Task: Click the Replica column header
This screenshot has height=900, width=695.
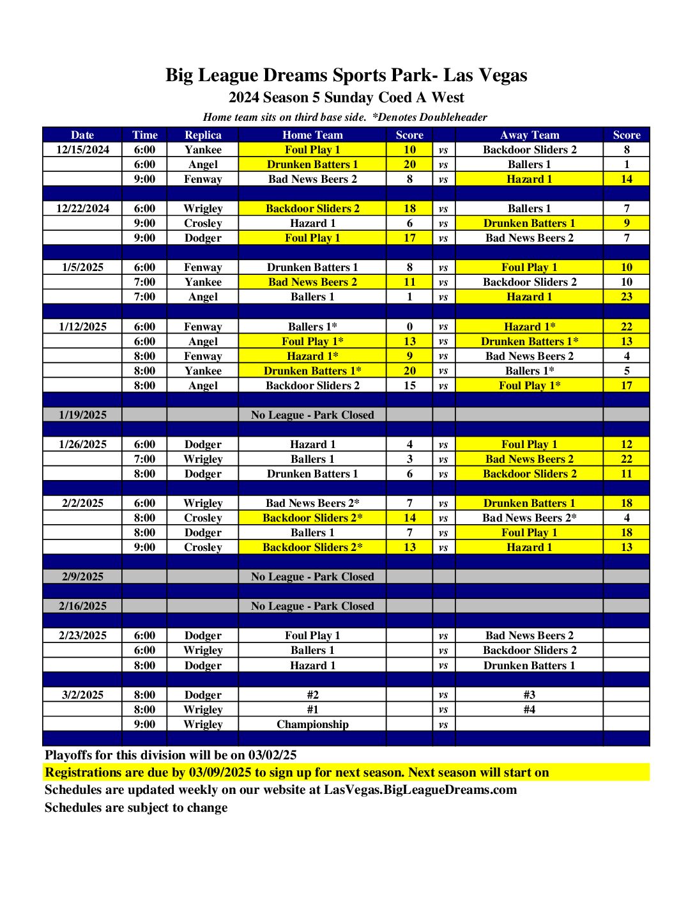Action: [x=202, y=135]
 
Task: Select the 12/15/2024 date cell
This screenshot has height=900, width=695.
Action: [x=82, y=150]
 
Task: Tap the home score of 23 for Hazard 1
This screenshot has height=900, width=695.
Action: [x=626, y=297]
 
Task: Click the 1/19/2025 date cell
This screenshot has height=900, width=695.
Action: [x=82, y=415]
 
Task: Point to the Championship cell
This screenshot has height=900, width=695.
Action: [x=312, y=724]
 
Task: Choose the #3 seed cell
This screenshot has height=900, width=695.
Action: [x=529, y=695]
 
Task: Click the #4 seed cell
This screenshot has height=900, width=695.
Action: [x=529, y=710]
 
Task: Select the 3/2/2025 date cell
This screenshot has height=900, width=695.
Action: [x=82, y=695]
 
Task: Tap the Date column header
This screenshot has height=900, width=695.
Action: [x=82, y=135]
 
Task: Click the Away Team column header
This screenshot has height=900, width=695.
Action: [x=529, y=135]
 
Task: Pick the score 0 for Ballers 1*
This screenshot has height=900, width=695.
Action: [x=409, y=327]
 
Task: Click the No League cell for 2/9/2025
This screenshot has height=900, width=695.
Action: [x=312, y=577]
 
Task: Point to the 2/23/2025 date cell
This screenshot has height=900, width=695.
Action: [x=82, y=635]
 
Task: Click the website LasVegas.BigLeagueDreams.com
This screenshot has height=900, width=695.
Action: [x=420, y=789]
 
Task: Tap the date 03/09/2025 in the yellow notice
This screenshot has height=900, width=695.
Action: [x=220, y=772]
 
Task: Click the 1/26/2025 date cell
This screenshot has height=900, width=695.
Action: [x=82, y=444]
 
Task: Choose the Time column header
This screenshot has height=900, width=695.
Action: [x=144, y=135]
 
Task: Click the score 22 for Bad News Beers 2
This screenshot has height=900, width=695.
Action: [x=626, y=459]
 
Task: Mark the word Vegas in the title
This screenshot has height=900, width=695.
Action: [x=501, y=75]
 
